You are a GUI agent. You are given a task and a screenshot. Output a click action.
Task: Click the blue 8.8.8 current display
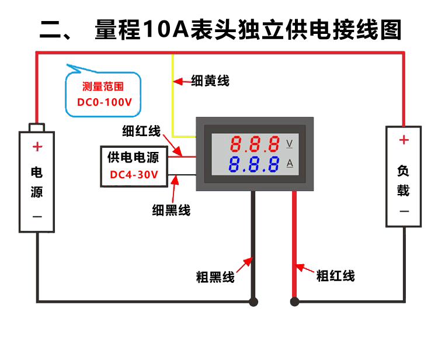(x=255, y=164)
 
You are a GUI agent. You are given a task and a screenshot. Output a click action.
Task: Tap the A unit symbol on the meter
(x=290, y=164)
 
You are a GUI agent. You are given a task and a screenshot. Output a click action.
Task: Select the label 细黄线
(x=210, y=81)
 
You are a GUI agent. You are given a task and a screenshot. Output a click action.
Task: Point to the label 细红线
(x=141, y=131)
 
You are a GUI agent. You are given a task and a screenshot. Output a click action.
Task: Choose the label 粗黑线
(x=215, y=277)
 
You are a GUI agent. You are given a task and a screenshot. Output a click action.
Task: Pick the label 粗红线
(x=335, y=275)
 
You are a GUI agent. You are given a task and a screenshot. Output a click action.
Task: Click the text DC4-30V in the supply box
(x=134, y=174)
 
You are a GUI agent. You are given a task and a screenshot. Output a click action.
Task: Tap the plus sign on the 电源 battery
(x=37, y=146)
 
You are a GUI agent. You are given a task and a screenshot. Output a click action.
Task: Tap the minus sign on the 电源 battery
(x=37, y=216)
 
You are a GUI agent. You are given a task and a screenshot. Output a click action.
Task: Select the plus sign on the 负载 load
(x=404, y=140)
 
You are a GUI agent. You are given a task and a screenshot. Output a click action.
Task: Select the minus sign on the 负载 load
(x=404, y=210)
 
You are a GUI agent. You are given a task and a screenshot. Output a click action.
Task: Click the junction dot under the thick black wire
(x=253, y=302)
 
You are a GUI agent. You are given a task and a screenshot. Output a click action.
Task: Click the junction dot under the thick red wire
(x=295, y=302)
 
